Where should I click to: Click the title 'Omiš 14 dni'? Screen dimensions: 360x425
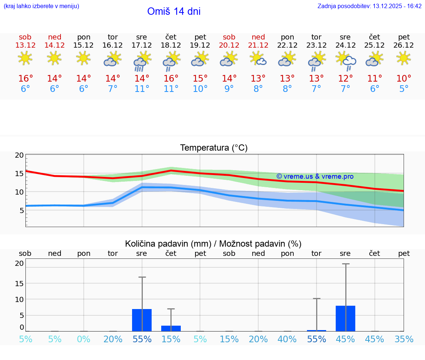click(174, 11)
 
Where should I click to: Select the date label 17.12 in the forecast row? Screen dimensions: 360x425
click(142, 45)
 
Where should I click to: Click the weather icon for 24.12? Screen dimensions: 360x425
click(346, 61)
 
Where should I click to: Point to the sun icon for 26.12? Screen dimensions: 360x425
click(404, 58)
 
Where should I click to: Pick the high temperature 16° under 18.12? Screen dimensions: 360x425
click(171, 79)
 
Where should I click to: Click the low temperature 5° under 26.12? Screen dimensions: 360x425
click(404, 89)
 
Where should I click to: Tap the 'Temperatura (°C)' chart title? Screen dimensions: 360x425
click(214, 148)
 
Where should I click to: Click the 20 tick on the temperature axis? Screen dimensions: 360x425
click(19, 155)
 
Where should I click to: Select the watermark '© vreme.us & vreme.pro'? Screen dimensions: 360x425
click(315, 176)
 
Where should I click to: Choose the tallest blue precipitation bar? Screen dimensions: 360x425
click(345, 318)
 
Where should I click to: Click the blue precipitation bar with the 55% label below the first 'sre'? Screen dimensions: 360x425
click(142, 320)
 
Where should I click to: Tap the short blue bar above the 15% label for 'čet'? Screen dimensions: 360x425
click(171, 328)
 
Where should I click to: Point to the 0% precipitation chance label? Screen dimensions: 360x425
click(84, 339)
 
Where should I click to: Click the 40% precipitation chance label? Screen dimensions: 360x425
click(287, 339)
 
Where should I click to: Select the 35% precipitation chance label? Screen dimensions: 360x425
click(404, 339)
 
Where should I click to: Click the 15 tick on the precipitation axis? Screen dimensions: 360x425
click(19, 283)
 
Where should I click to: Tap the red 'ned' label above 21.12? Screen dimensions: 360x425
click(258, 37)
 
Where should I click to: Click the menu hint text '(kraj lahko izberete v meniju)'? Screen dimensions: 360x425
click(41, 6)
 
